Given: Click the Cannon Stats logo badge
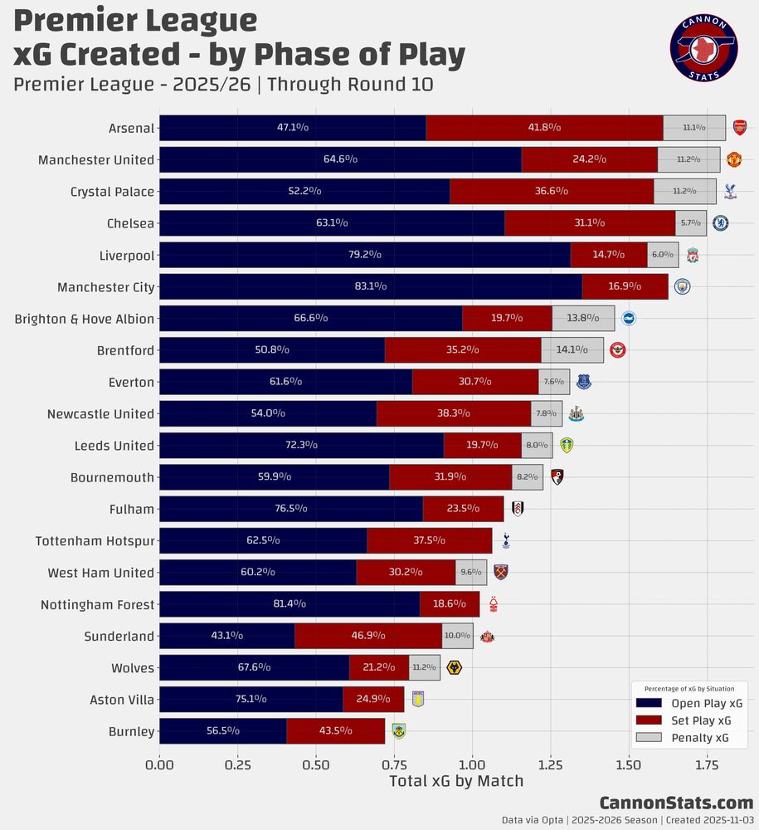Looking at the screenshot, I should coord(703,49).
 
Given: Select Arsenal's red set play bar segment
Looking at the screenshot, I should coord(544,128).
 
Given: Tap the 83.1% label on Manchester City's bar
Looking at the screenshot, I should coord(370,286).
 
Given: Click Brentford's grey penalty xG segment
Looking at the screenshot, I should coord(572,350).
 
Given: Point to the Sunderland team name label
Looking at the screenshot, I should coord(119,637).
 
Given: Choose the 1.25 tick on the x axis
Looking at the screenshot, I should coord(551,762).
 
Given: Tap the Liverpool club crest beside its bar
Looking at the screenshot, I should coord(692,255).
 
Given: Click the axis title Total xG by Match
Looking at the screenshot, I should coord(456,781).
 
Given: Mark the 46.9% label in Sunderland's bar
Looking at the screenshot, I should coord(367,637).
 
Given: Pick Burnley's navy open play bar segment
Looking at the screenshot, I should coord(222,731).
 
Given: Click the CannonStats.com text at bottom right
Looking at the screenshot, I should coord(676,803).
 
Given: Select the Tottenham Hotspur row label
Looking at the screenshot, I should coord(95,541).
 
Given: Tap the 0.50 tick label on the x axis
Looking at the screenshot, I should coord(316,762).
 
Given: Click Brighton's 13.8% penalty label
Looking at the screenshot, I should coord(583,318).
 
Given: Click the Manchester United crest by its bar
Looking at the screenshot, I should coord(733,159).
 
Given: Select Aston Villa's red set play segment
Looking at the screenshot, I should coord(373,700).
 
